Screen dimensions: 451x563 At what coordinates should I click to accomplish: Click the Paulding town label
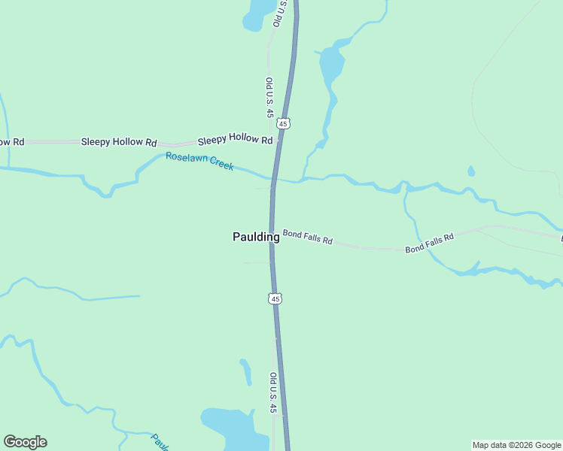(x=256, y=237)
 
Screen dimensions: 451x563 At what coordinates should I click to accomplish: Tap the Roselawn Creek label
(x=200, y=161)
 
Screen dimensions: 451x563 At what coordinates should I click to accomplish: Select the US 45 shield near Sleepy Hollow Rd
(x=283, y=123)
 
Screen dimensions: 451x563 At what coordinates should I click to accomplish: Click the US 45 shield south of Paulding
(x=275, y=299)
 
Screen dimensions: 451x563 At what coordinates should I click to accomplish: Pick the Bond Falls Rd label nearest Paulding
(x=307, y=238)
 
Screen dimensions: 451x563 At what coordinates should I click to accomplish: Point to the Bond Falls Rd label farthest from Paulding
(x=430, y=242)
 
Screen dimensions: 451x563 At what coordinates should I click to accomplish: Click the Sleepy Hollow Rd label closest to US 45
(x=235, y=140)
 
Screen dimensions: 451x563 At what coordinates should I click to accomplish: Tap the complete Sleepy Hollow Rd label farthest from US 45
(x=119, y=141)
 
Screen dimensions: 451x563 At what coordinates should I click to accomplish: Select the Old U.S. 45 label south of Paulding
(x=274, y=392)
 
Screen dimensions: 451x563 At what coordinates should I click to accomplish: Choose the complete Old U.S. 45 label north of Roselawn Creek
(x=269, y=98)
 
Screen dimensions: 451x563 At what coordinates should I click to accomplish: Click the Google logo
(x=25, y=442)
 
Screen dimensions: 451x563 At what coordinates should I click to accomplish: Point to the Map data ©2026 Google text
(x=516, y=445)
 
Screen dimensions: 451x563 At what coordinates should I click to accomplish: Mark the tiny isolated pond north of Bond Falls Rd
(x=471, y=171)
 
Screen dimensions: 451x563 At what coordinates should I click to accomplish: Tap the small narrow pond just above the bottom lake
(x=245, y=372)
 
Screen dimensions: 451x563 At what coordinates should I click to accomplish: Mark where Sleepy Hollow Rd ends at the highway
(x=278, y=141)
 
